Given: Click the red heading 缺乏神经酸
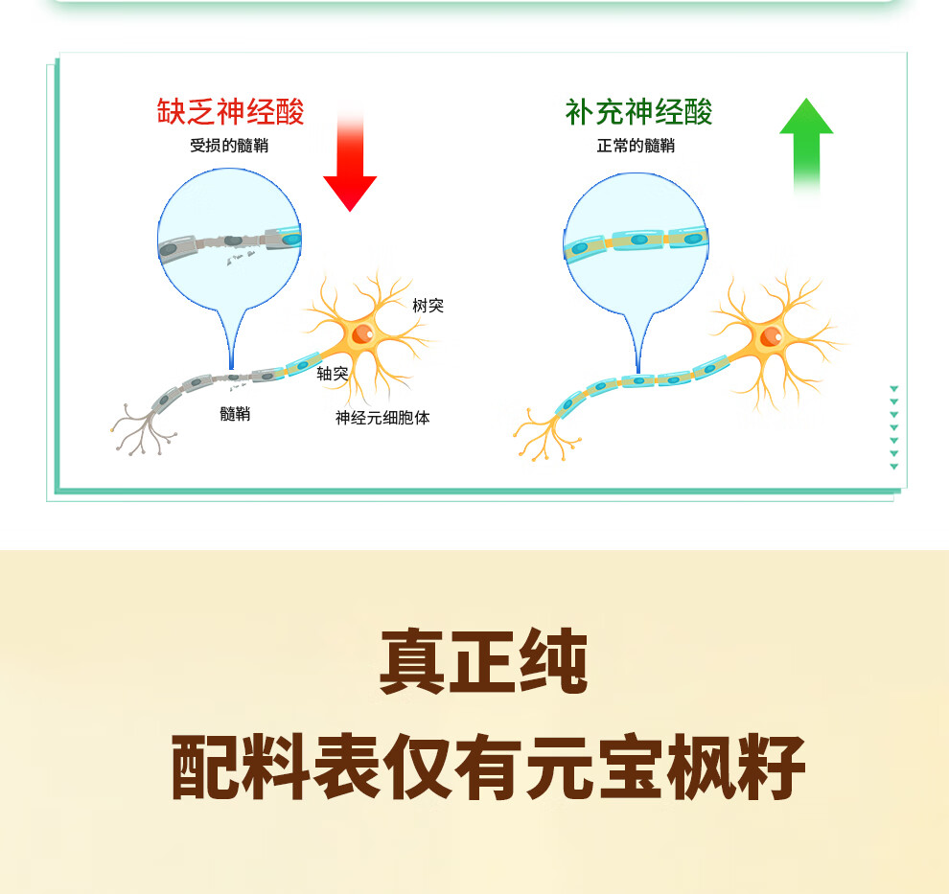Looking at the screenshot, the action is click(x=231, y=112).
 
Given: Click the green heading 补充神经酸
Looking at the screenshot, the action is click(x=638, y=112).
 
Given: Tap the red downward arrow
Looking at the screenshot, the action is click(x=350, y=163).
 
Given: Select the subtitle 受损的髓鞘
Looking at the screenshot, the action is click(x=230, y=147).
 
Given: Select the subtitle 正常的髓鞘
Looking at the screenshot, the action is click(x=636, y=147).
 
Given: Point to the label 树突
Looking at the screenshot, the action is click(x=428, y=306).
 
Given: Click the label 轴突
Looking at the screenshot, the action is click(x=332, y=374).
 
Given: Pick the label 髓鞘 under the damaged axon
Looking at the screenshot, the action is click(x=235, y=414).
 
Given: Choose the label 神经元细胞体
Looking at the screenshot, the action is click(x=382, y=418).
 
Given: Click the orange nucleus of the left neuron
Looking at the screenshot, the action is click(x=362, y=333).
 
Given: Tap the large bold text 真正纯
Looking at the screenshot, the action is click(x=483, y=661).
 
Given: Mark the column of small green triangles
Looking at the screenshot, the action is click(x=893, y=427).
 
